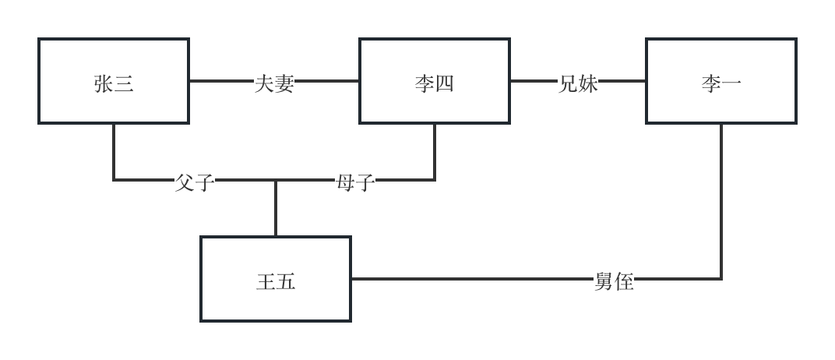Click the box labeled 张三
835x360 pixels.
[114, 81]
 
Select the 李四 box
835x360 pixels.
[434, 81]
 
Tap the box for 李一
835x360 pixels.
[720, 81]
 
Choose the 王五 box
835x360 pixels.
[276, 279]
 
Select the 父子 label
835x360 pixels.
[195, 183]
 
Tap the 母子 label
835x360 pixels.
[355, 183]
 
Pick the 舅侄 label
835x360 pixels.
[614, 282]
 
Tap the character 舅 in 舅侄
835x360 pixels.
[604, 282]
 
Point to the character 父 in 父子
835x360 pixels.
[185, 183]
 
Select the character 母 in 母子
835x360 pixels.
[345, 183]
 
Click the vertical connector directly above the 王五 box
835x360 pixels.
[276, 209]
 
